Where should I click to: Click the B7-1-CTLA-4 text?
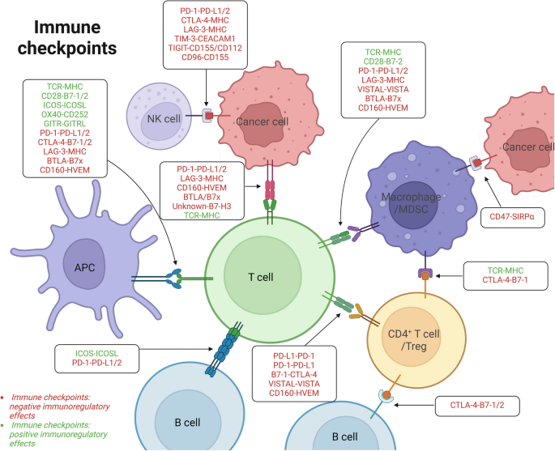pos(294,373)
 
